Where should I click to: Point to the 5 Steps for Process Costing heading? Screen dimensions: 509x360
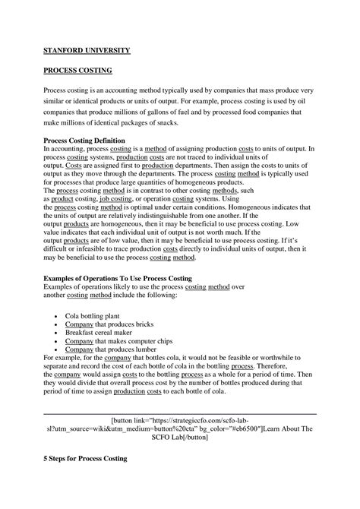[85, 460]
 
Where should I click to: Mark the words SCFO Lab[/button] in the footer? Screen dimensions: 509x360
[182, 439]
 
